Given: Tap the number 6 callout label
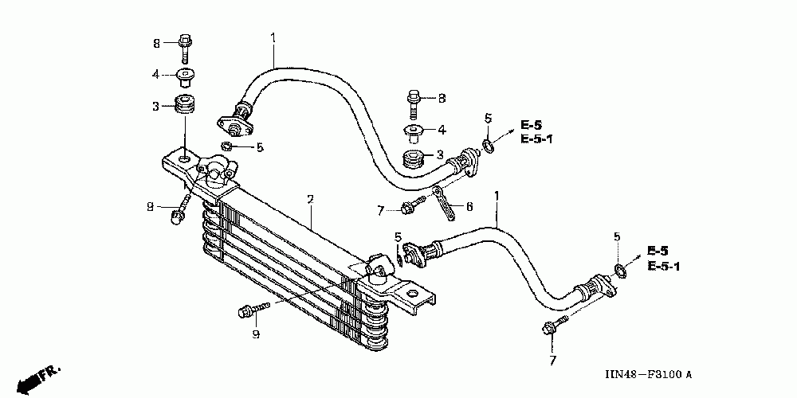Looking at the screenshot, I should tap(469, 207).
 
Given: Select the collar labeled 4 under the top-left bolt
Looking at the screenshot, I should tap(186, 76).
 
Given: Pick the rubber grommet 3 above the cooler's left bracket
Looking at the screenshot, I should tap(186, 104).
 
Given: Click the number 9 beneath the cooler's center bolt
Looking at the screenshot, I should tap(256, 334).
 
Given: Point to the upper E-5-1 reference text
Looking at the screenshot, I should tap(536, 139).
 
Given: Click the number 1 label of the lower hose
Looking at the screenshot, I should tap(497, 195).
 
